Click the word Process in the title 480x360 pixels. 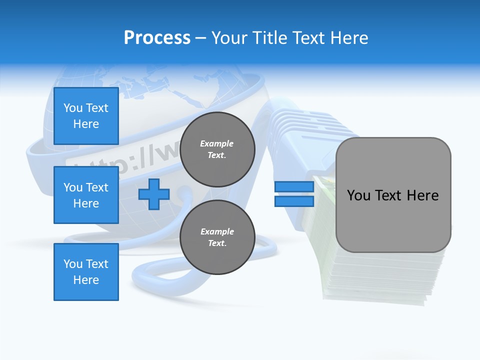pyautogui.click(x=157, y=38)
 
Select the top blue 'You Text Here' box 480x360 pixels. pyautogui.click(x=86, y=116)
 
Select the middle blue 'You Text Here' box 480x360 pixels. pyautogui.click(x=86, y=195)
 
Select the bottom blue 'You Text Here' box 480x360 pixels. pyautogui.click(x=86, y=272)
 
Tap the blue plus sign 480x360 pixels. pyautogui.click(x=154, y=194)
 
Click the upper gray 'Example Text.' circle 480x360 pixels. pyautogui.click(x=217, y=149)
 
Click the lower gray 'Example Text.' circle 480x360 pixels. pyautogui.click(x=217, y=237)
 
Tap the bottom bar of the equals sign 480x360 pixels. pyautogui.click(x=294, y=201)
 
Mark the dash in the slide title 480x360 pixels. pyautogui.click(x=201, y=38)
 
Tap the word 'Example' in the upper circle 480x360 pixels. pyautogui.click(x=216, y=143)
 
